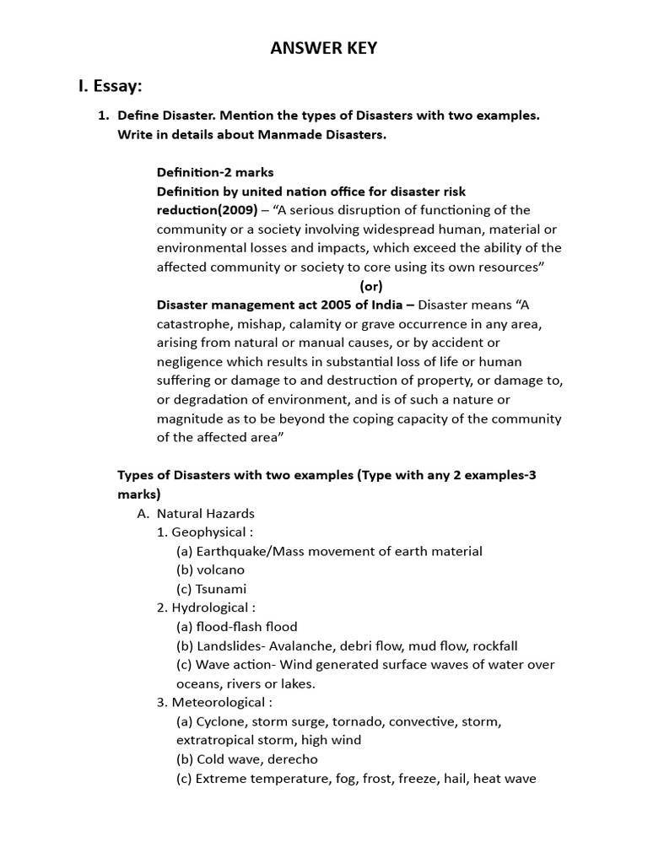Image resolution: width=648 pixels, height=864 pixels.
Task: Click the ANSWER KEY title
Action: click(324, 48)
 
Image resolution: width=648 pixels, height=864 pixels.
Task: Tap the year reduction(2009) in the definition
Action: click(208, 209)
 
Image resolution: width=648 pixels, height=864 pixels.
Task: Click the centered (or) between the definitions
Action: click(371, 285)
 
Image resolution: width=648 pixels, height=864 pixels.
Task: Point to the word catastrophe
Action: click(192, 323)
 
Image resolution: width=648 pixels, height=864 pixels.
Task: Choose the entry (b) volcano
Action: click(210, 570)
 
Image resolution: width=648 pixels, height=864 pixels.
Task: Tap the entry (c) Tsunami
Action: click(211, 589)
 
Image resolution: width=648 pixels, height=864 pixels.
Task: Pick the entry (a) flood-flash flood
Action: click(236, 626)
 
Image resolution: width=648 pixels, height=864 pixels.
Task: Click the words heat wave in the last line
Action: click(505, 779)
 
